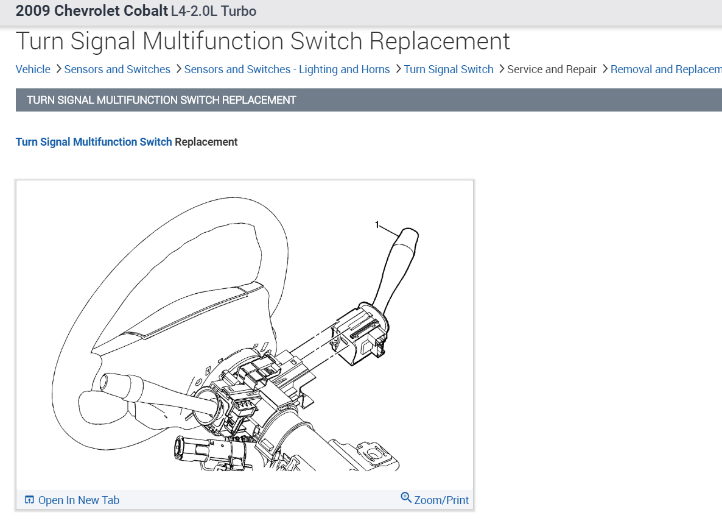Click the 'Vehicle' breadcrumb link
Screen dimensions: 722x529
coord(33,69)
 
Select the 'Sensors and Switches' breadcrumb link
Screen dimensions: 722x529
coord(117,69)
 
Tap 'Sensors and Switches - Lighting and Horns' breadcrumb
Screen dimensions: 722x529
coord(287,69)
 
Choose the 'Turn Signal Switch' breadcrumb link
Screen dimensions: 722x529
coord(449,69)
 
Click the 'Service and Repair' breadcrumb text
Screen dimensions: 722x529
coord(552,69)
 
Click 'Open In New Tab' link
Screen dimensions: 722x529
coord(79,500)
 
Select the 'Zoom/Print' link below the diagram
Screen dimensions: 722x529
coord(441,500)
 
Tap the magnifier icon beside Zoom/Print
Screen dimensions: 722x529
coord(406,498)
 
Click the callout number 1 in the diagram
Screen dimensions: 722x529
coord(377,225)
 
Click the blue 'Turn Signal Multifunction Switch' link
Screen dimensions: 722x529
coord(94,142)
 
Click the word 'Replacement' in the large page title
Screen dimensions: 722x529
coord(440,41)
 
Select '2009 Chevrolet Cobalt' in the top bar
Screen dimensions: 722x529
coord(91,11)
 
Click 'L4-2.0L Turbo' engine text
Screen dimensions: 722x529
coord(214,11)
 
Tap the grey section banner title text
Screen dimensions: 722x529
coord(161,100)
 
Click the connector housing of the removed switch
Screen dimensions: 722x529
coord(359,335)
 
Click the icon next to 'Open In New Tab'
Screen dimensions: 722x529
coord(29,500)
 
